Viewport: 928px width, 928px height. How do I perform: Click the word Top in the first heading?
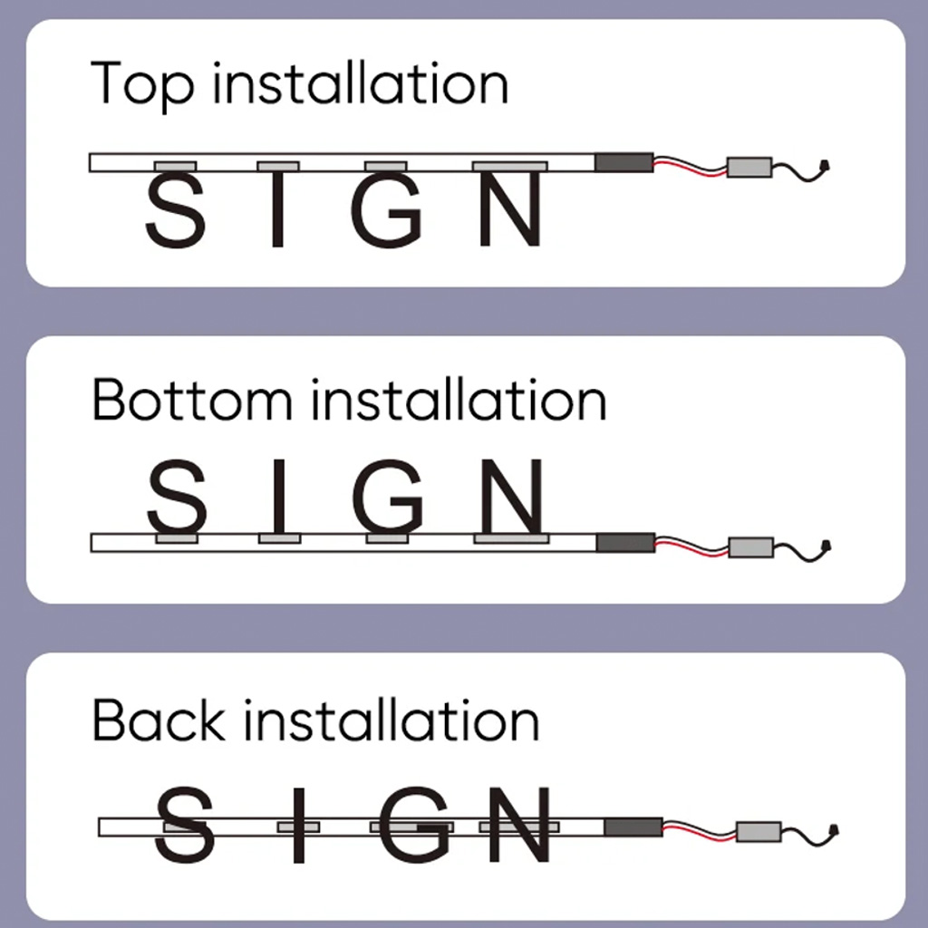point(143,84)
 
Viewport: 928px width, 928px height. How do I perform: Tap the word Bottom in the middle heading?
point(191,401)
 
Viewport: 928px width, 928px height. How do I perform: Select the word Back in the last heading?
point(159,721)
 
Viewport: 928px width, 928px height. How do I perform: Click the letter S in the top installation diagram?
point(175,211)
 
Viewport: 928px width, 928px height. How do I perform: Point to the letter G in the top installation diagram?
point(387,211)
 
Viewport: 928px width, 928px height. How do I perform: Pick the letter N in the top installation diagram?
point(510,211)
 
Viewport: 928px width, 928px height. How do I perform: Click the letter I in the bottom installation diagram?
point(279,496)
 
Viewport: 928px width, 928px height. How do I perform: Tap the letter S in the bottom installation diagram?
point(177,496)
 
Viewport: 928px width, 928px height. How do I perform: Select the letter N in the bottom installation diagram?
point(512,496)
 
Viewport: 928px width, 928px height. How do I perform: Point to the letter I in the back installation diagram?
point(299,826)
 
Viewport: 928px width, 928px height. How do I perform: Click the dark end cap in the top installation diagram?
point(623,162)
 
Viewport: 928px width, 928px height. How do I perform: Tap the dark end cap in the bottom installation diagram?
point(625,542)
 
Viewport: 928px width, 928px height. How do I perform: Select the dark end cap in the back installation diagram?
point(633,826)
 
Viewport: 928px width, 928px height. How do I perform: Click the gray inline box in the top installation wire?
point(749,167)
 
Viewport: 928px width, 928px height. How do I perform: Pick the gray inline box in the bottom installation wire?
point(751,546)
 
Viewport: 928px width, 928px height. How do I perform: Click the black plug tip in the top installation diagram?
point(824,167)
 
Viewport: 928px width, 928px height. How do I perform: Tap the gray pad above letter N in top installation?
point(510,167)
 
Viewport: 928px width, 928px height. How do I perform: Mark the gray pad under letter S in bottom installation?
point(177,538)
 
